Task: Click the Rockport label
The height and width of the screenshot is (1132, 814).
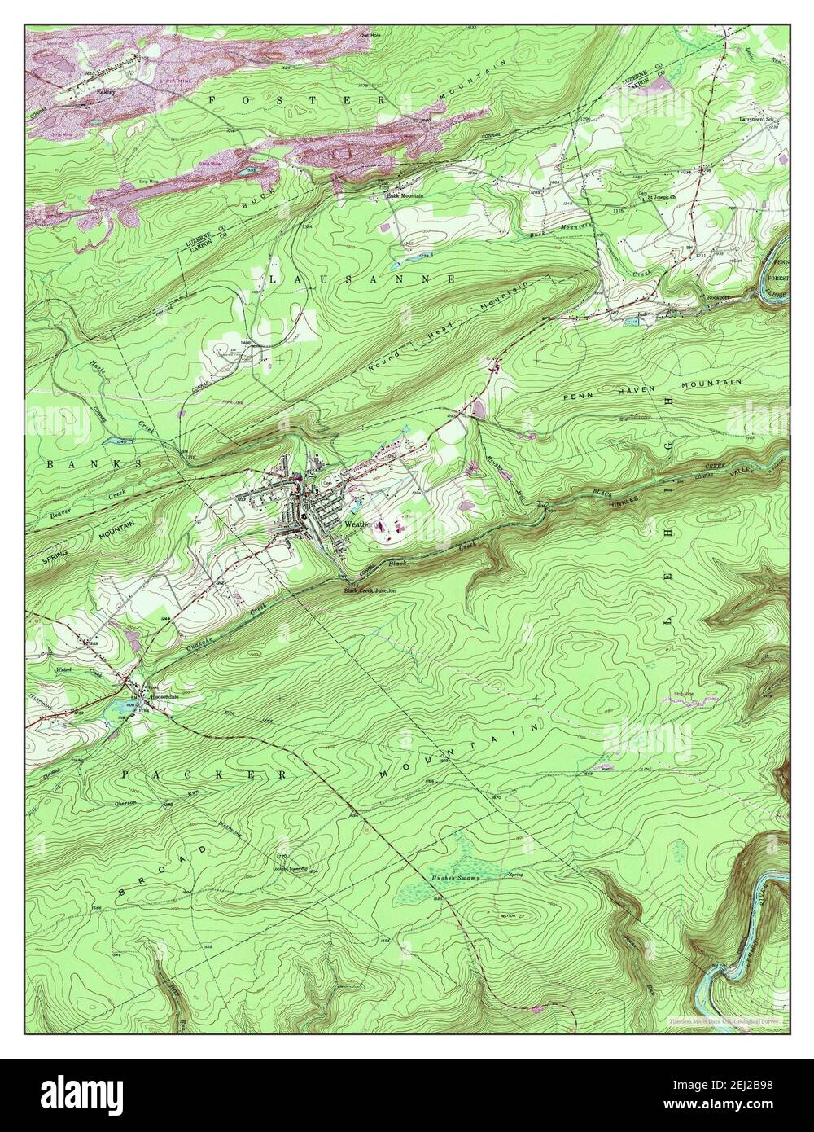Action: click(x=716, y=297)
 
